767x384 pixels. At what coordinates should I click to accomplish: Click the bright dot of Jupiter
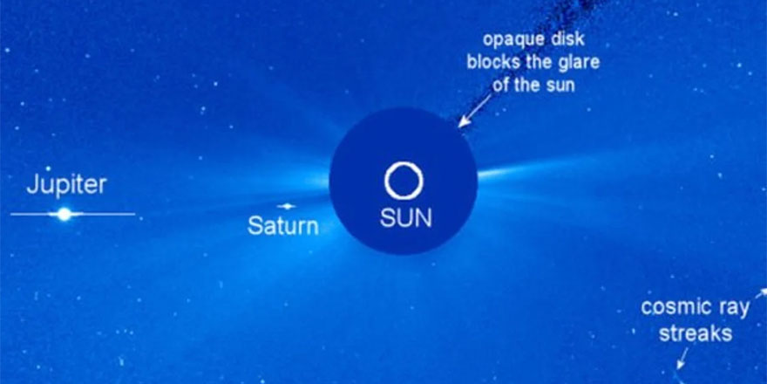[x=64, y=214]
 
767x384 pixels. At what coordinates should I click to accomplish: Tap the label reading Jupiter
[x=66, y=185]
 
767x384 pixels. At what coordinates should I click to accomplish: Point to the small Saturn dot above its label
[x=286, y=207]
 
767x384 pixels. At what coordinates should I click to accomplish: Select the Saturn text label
[x=282, y=226]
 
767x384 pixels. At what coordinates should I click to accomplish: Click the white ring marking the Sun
[x=404, y=182]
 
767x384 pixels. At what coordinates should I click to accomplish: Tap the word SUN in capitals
[x=405, y=218]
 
